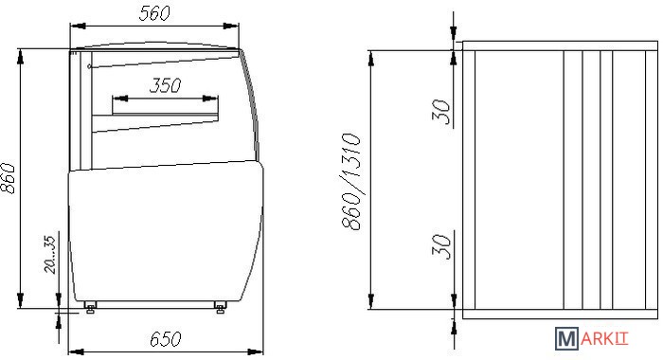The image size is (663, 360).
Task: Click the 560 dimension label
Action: pos(154,13)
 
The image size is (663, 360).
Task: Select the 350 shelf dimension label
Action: pos(166,85)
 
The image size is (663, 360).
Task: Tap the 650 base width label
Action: pos(166,339)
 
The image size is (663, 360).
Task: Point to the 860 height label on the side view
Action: pos(8,178)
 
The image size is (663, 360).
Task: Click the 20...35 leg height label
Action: pos(50,255)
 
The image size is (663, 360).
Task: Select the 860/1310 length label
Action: pos(351,182)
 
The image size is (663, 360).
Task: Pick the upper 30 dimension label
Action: pos(441,112)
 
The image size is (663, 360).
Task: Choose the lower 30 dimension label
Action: pos(441,245)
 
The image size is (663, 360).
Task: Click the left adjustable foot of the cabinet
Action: pos(90,307)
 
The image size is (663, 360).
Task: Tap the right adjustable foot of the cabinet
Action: pos(220,307)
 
